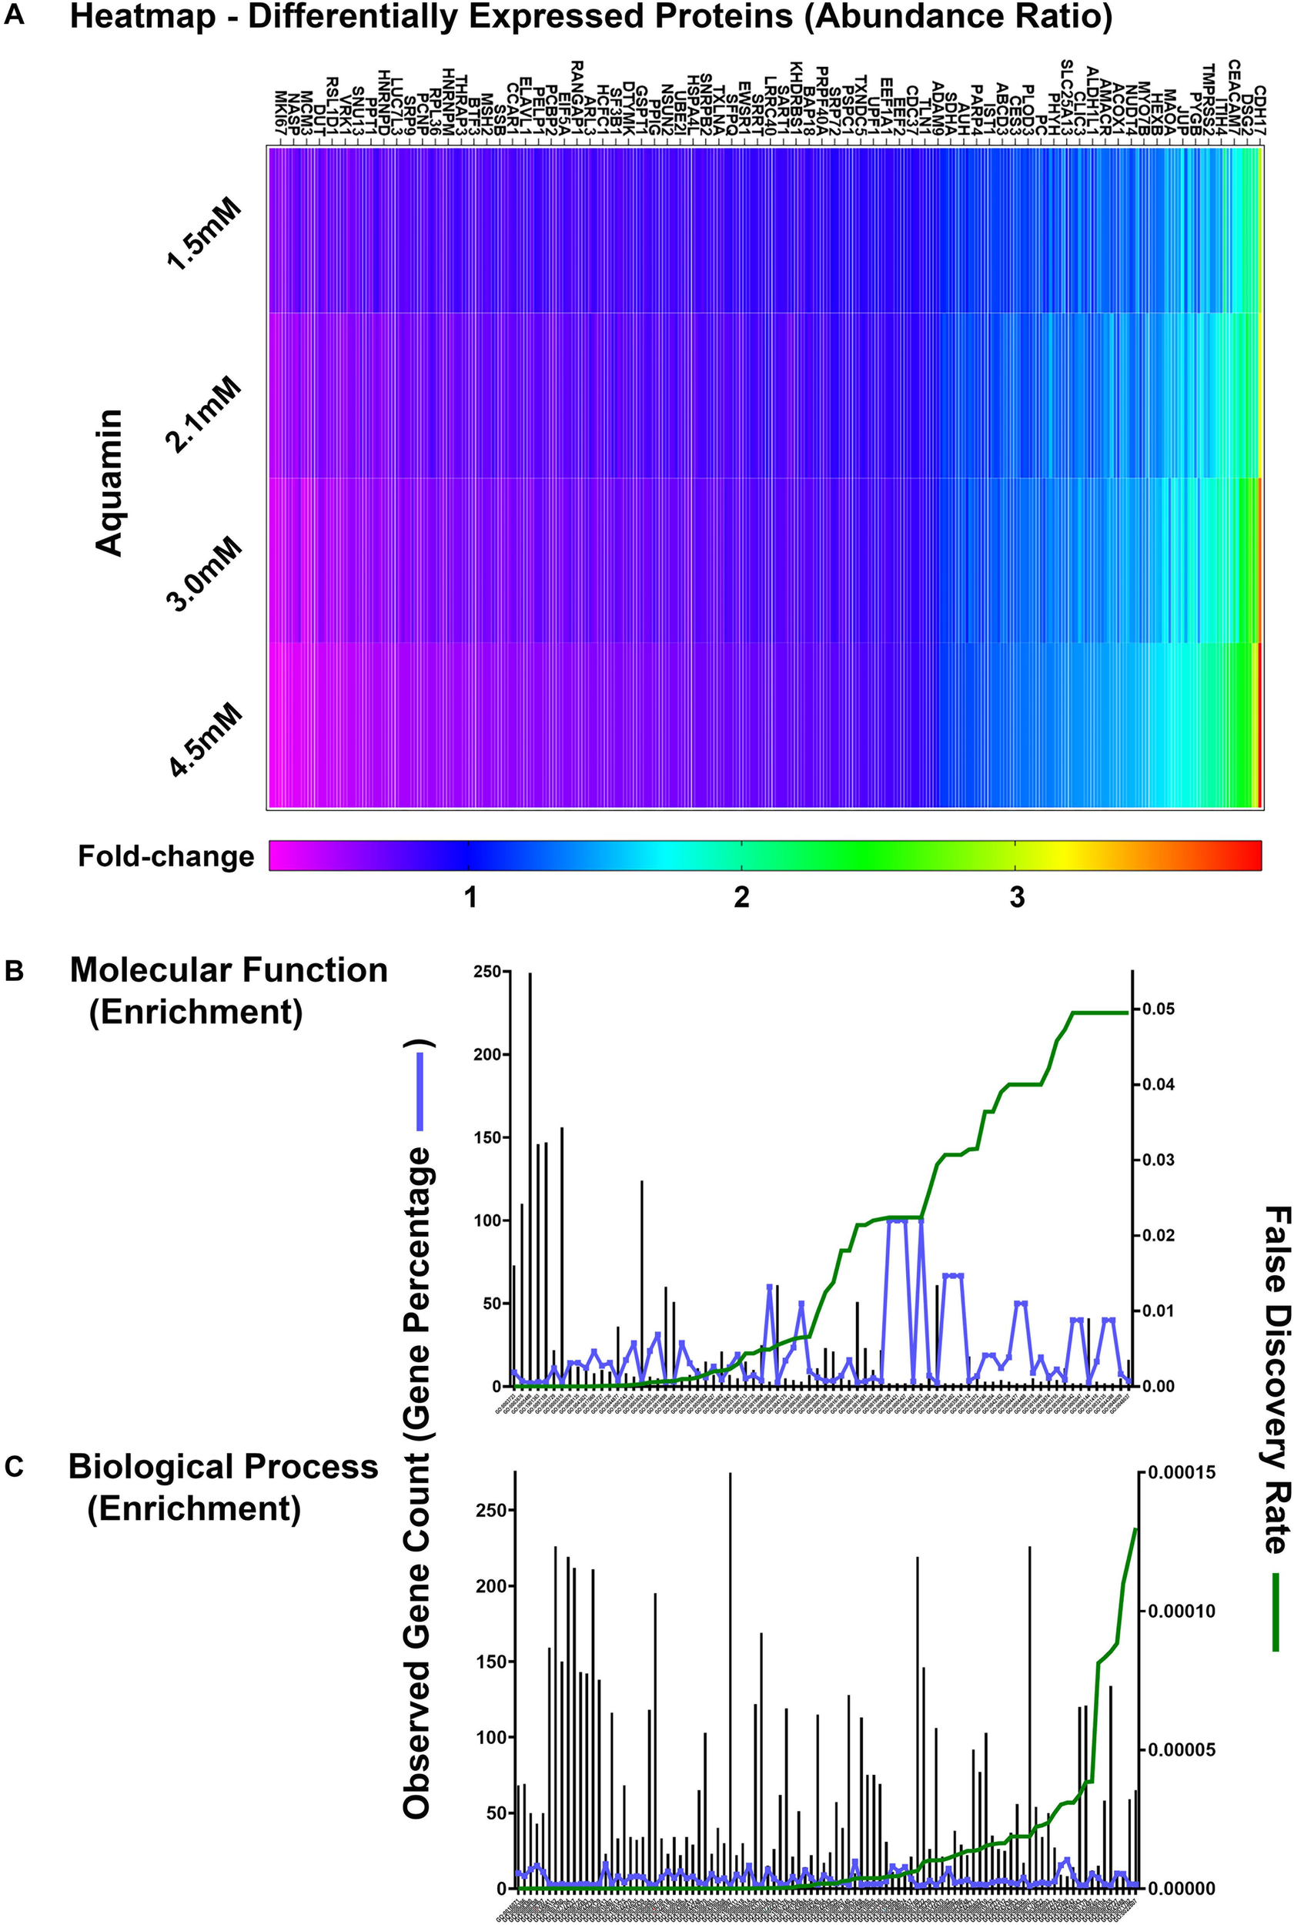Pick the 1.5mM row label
coord(204,234)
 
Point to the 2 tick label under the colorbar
coord(741,897)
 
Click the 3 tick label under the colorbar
coord(1017,897)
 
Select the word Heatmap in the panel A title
coord(148,18)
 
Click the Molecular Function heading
coord(229,971)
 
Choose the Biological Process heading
coord(222,1466)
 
